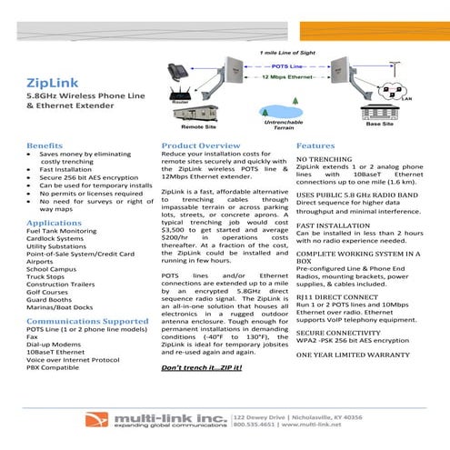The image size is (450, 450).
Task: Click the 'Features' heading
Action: tap(315, 145)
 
